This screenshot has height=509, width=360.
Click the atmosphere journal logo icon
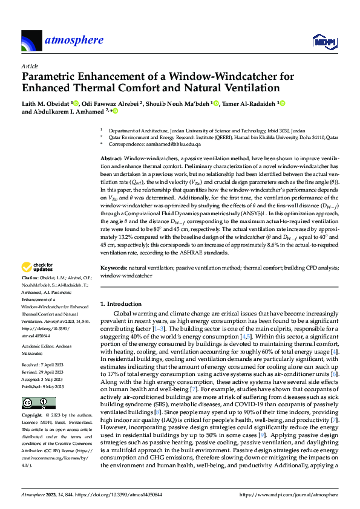(31, 41)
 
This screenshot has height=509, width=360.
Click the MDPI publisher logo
(324, 41)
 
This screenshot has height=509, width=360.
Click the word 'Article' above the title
(29, 66)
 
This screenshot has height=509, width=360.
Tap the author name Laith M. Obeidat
(45, 103)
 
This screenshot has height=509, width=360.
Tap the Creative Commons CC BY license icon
(35, 403)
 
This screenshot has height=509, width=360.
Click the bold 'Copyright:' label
(32, 417)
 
